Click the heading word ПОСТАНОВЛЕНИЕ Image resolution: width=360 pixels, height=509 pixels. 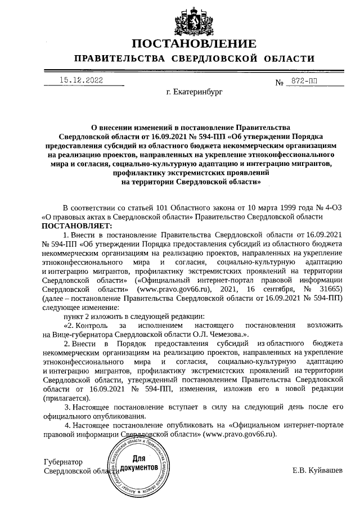[194, 43]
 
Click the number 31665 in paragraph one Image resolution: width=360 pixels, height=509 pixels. [331, 289]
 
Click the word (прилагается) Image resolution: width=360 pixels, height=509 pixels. [66, 398]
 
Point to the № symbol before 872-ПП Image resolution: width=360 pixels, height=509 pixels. [280, 83]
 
